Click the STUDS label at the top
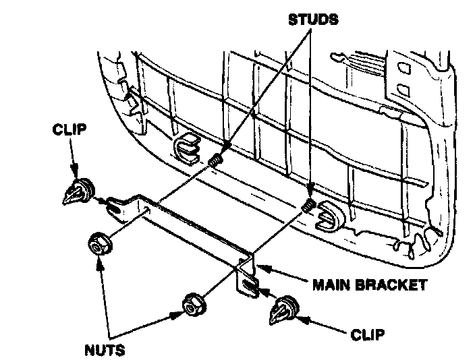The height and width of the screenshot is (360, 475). pyautogui.click(x=313, y=19)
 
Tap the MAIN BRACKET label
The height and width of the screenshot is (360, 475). pyautogui.click(x=369, y=284)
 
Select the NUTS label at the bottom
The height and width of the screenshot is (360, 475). pyautogui.click(x=105, y=350)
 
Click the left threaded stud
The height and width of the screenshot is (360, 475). pyautogui.click(x=217, y=160)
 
